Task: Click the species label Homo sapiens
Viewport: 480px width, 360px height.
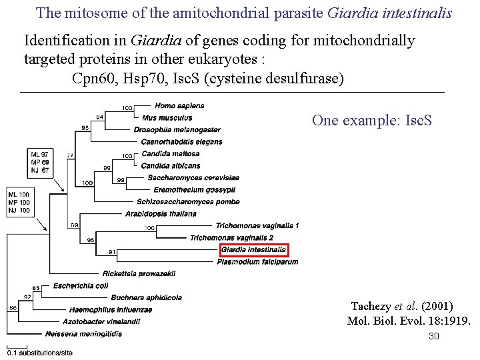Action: click(179, 105)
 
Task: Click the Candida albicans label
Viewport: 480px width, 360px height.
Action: click(171, 165)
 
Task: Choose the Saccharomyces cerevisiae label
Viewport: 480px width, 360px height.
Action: click(193, 177)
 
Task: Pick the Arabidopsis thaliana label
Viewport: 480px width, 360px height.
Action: click(161, 213)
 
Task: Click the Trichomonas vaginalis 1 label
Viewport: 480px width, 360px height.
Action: click(257, 225)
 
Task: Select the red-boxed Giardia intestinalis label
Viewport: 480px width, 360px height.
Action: click(253, 250)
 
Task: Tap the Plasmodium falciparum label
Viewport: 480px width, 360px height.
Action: click(257, 262)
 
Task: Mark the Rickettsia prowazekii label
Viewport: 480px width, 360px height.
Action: click(139, 273)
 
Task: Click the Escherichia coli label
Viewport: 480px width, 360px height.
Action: click(80, 285)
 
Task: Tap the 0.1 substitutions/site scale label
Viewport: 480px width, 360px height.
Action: click(39, 352)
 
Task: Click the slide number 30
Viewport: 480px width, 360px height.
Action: click(434, 337)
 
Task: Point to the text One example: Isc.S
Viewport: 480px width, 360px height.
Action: click(372, 121)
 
